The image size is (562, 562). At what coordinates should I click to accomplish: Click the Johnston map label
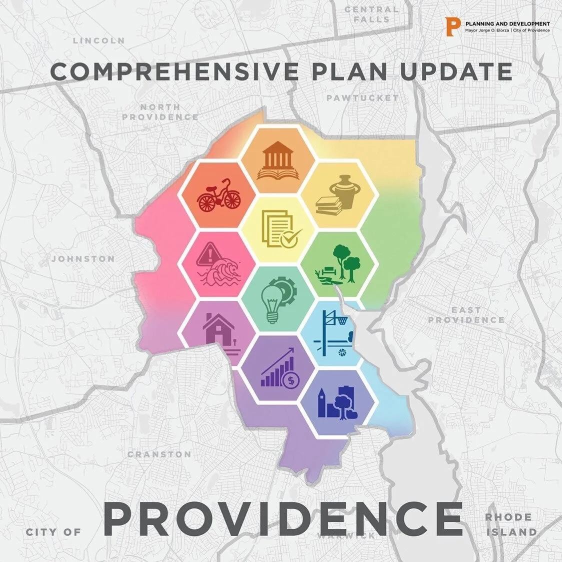[x=83, y=259]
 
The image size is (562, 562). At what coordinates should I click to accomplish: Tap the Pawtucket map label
[x=362, y=98]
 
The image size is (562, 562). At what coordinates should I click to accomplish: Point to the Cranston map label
[x=159, y=454]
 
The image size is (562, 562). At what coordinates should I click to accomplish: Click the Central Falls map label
[x=371, y=14]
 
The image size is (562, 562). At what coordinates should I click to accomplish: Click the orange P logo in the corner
[x=454, y=26]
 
